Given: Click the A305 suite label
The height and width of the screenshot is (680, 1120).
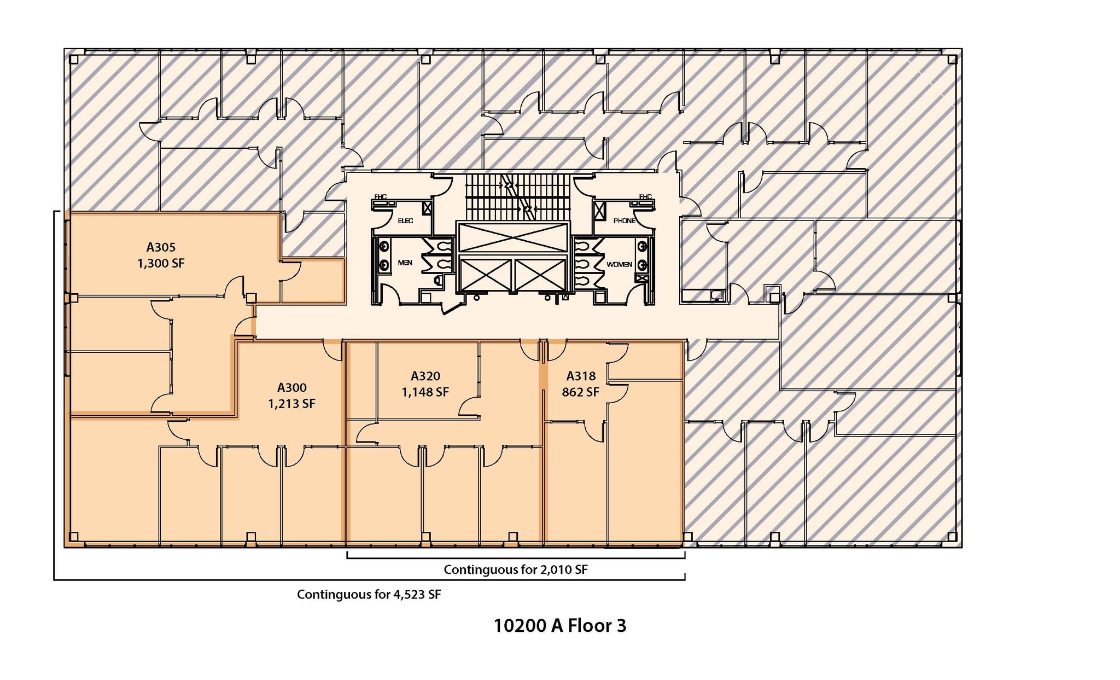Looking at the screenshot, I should pyautogui.click(x=161, y=247).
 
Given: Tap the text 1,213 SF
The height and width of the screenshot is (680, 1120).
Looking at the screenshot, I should pyautogui.click(x=291, y=404).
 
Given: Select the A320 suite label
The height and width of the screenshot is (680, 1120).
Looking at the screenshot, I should pyautogui.click(x=425, y=376).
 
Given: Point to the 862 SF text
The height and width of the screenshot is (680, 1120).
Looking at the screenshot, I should pyautogui.click(x=580, y=392).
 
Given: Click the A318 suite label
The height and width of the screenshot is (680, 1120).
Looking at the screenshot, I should pyautogui.click(x=580, y=376).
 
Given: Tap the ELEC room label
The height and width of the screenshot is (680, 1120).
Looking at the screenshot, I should pyautogui.click(x=405, y=221).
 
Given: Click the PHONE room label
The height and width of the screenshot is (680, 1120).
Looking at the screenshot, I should pyautogui.click(x=624, y=221).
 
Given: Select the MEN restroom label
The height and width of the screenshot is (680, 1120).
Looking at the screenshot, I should pyautogui.click(x=405, y=263).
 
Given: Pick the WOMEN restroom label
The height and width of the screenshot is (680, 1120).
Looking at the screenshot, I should pyautogui.click(x=619, y=264).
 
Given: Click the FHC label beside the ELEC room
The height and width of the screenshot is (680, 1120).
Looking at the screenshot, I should pyautogui.click(x=380, y=197).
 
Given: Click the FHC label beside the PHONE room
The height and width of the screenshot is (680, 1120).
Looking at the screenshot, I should pyautogui.click(x=645, y=197).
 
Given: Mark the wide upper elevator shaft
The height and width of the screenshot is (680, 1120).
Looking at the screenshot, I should pyautogui.click(x=513, y=237).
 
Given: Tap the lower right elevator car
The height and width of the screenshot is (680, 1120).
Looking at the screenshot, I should pyautogui.click(x=540, y=275).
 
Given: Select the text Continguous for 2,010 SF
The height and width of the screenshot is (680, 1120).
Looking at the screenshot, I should pyautogui.click(x=515, y=569).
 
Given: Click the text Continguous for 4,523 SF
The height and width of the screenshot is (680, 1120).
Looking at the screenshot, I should pyautogui.click(x=369, y=594).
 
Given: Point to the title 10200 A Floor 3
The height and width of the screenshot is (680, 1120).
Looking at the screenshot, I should pyautogui.click(x=559, y=625).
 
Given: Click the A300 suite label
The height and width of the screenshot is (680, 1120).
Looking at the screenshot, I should pyautogui.click(x=291, y=388).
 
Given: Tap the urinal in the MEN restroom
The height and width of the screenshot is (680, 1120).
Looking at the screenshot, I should pyautogui.click(x=437, y=281).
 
